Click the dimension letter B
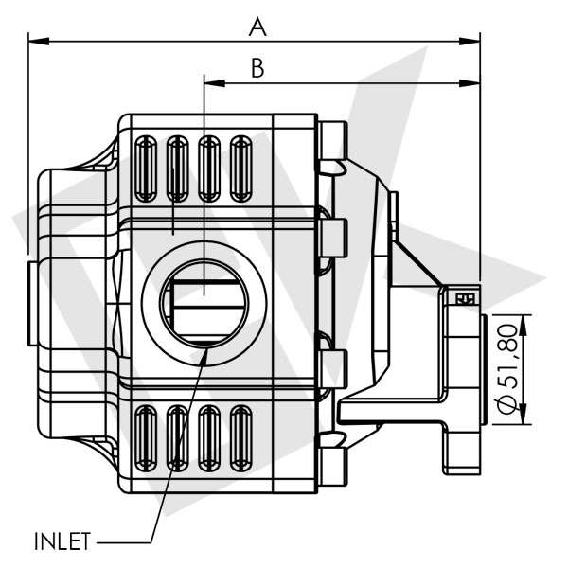click(257, 68)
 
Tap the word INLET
click(62, 542)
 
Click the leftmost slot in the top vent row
click(146, 169)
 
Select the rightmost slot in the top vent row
click(241, 169)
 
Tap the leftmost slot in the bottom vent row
click(146, 437)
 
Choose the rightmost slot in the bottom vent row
click(241, 437)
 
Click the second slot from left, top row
click(177, 169)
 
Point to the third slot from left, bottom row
click(209, 437)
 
